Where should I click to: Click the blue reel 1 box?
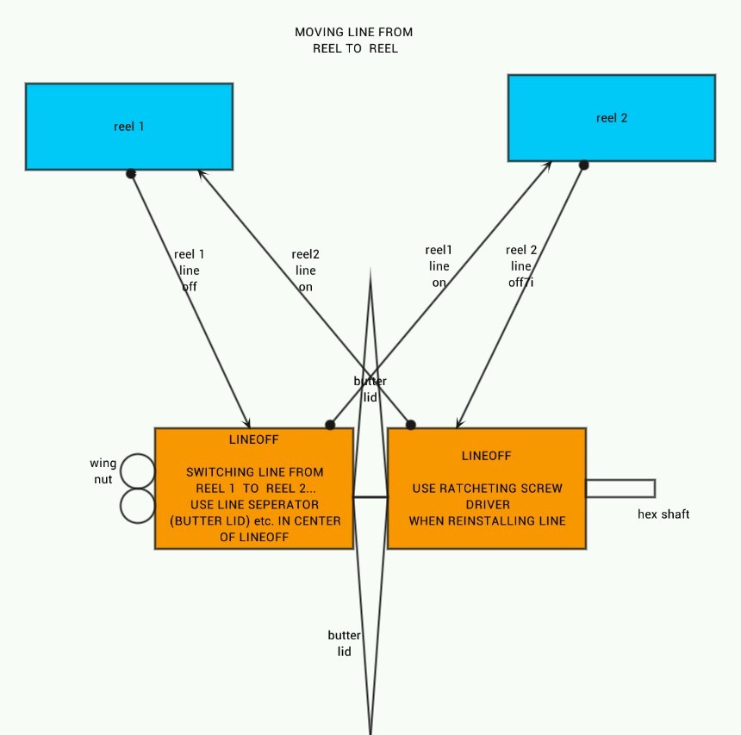(x=129, y=126)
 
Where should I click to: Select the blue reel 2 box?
(x=612, y=118)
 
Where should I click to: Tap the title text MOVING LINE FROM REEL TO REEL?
(x=354, y=40)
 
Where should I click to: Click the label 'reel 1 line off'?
(x=190, y=271)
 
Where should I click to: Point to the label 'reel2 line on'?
(x=305, y=271)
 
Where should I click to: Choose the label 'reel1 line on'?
(x=439, y=265)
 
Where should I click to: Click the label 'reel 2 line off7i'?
(x=521, y=265)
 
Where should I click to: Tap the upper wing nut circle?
(x=138, y=471)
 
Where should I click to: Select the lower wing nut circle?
(x=138, y=506)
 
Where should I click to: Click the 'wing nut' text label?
(x=103, y=471)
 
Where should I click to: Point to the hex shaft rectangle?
(x=620, y=489)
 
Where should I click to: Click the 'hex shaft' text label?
(x=663, y=514)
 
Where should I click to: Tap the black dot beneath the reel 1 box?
(x=131, y=173)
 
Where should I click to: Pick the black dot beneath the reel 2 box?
(x=583, y=165)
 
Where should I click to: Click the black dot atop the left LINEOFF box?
(x=329, y=425)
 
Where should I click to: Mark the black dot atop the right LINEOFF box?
(x=411, y=425)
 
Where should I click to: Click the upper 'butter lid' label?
(x=370, y=389)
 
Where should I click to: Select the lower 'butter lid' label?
(x=344, y=644)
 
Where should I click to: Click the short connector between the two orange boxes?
(x=370, y=497)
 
